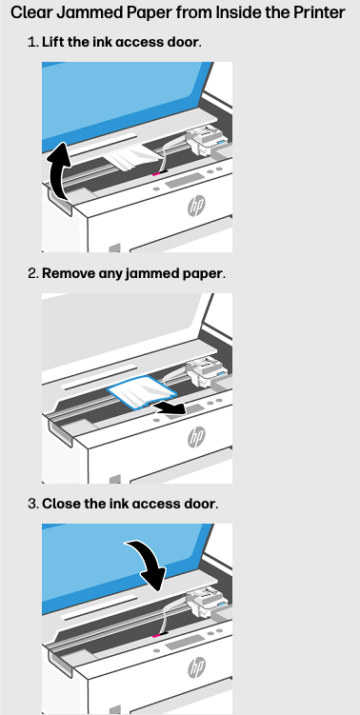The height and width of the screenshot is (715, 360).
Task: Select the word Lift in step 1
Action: tap(53, 44)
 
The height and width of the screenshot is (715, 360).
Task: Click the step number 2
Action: tap(32, 273)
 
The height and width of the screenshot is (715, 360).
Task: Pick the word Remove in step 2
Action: tap(68, 273)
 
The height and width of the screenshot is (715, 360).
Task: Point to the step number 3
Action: tap(32, 503)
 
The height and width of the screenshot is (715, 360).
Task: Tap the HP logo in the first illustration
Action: tap(196, 206)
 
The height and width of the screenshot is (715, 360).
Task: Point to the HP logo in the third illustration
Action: tap(196, 666)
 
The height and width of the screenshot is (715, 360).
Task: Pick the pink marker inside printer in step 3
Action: tap(156, 633)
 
